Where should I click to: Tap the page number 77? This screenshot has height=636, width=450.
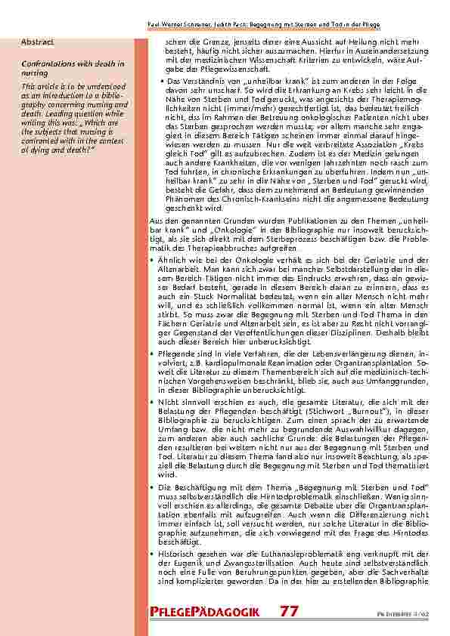(289, 610)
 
